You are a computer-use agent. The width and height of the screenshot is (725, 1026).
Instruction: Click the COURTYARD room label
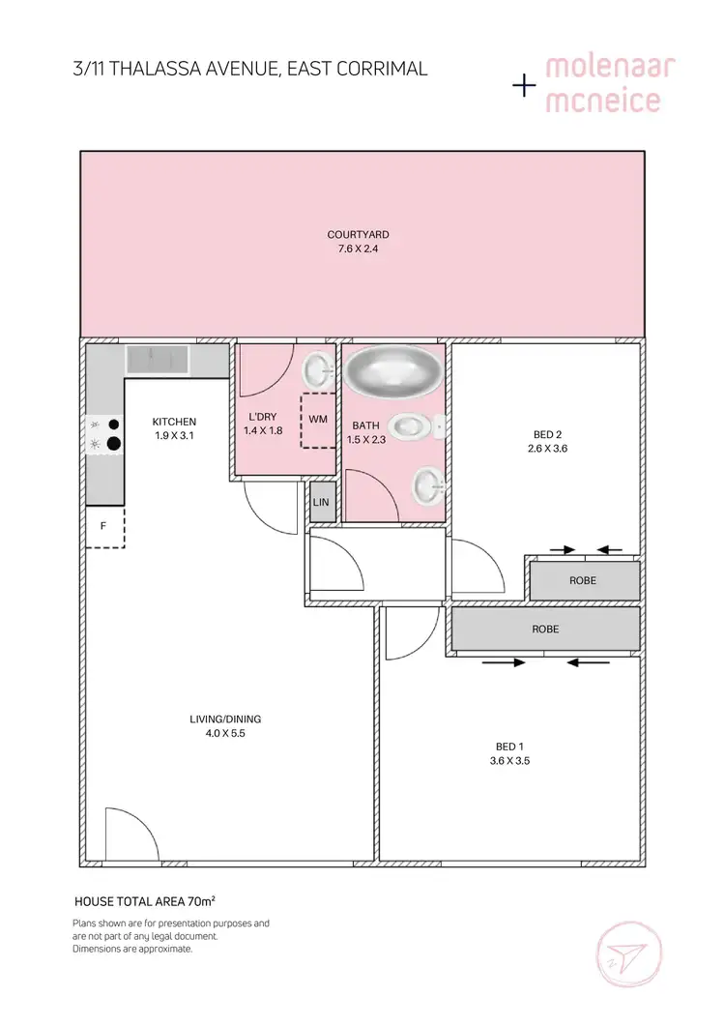[x=358, y=234]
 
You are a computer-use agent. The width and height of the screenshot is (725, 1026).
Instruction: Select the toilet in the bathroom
[x=411, y=425]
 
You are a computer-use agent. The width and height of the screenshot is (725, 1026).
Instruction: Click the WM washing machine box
[x=318, y=421]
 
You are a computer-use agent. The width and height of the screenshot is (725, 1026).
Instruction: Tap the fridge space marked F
[x=103, y=527]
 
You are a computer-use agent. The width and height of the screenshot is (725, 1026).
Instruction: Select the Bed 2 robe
[x=583, y=580]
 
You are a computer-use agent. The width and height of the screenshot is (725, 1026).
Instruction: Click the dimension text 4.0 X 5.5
[x=225, y=734]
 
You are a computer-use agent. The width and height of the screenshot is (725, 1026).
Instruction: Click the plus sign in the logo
[x=524, y=86]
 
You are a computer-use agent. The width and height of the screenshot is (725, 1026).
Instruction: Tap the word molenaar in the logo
[x=610, y=69]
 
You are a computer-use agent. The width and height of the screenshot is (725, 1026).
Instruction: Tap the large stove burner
[x=114, y=444]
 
